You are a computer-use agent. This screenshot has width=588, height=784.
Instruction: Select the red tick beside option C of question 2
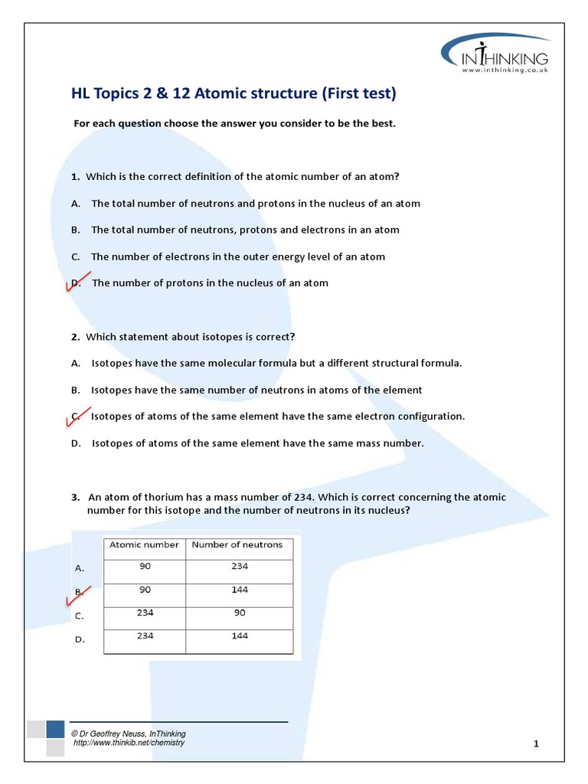click(x=80, y=415)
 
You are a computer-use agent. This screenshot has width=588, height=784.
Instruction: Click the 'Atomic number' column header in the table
click(x=144, y=545)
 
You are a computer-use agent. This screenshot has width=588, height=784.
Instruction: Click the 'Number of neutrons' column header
click(x=237, y=545)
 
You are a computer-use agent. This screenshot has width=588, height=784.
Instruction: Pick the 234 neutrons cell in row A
click(x=239, y=567)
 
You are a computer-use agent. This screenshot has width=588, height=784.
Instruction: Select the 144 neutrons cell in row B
click(x=239, y=590)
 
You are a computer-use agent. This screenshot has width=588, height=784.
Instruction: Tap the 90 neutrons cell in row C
click(x=239, y=612)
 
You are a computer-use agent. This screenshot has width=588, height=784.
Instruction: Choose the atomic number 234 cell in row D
click(x=145, y=635)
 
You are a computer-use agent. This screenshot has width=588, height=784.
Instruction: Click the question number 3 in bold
click(x=75, y=498)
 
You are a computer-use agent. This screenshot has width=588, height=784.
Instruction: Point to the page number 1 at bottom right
click(x=537, y=743)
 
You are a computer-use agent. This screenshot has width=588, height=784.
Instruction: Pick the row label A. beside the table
click(x=79, y=569)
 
